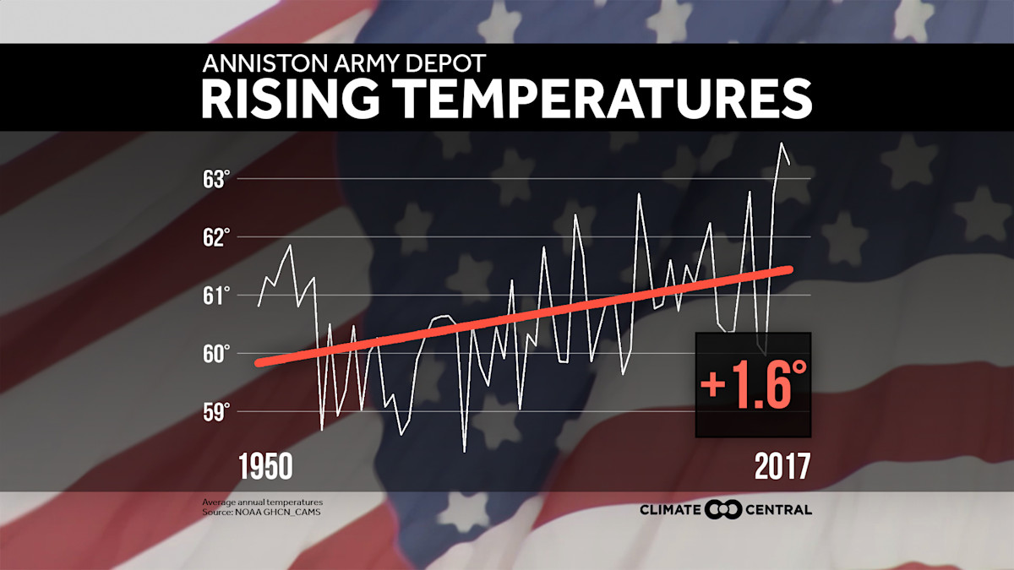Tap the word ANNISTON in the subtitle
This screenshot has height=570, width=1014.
tap(253, 64)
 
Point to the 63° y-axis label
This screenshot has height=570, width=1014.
tap(216, 180)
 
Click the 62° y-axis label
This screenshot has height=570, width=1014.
tap(216, 237)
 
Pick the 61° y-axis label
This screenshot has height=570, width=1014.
tap(216, 296)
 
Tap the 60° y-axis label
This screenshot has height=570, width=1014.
tap(216, 353)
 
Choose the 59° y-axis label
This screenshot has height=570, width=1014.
tap(216, 411)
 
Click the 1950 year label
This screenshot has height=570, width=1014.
tap(266, 466)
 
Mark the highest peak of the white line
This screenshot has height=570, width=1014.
tap(782, 144)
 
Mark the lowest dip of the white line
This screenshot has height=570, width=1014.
tap(465, 452)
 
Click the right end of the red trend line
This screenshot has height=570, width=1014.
tap(790, 269)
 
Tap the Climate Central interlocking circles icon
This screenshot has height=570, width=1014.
tap(723, 509)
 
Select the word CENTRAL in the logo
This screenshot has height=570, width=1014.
tap(779, 509)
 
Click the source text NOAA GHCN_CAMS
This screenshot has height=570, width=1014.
tap(262, 512)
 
